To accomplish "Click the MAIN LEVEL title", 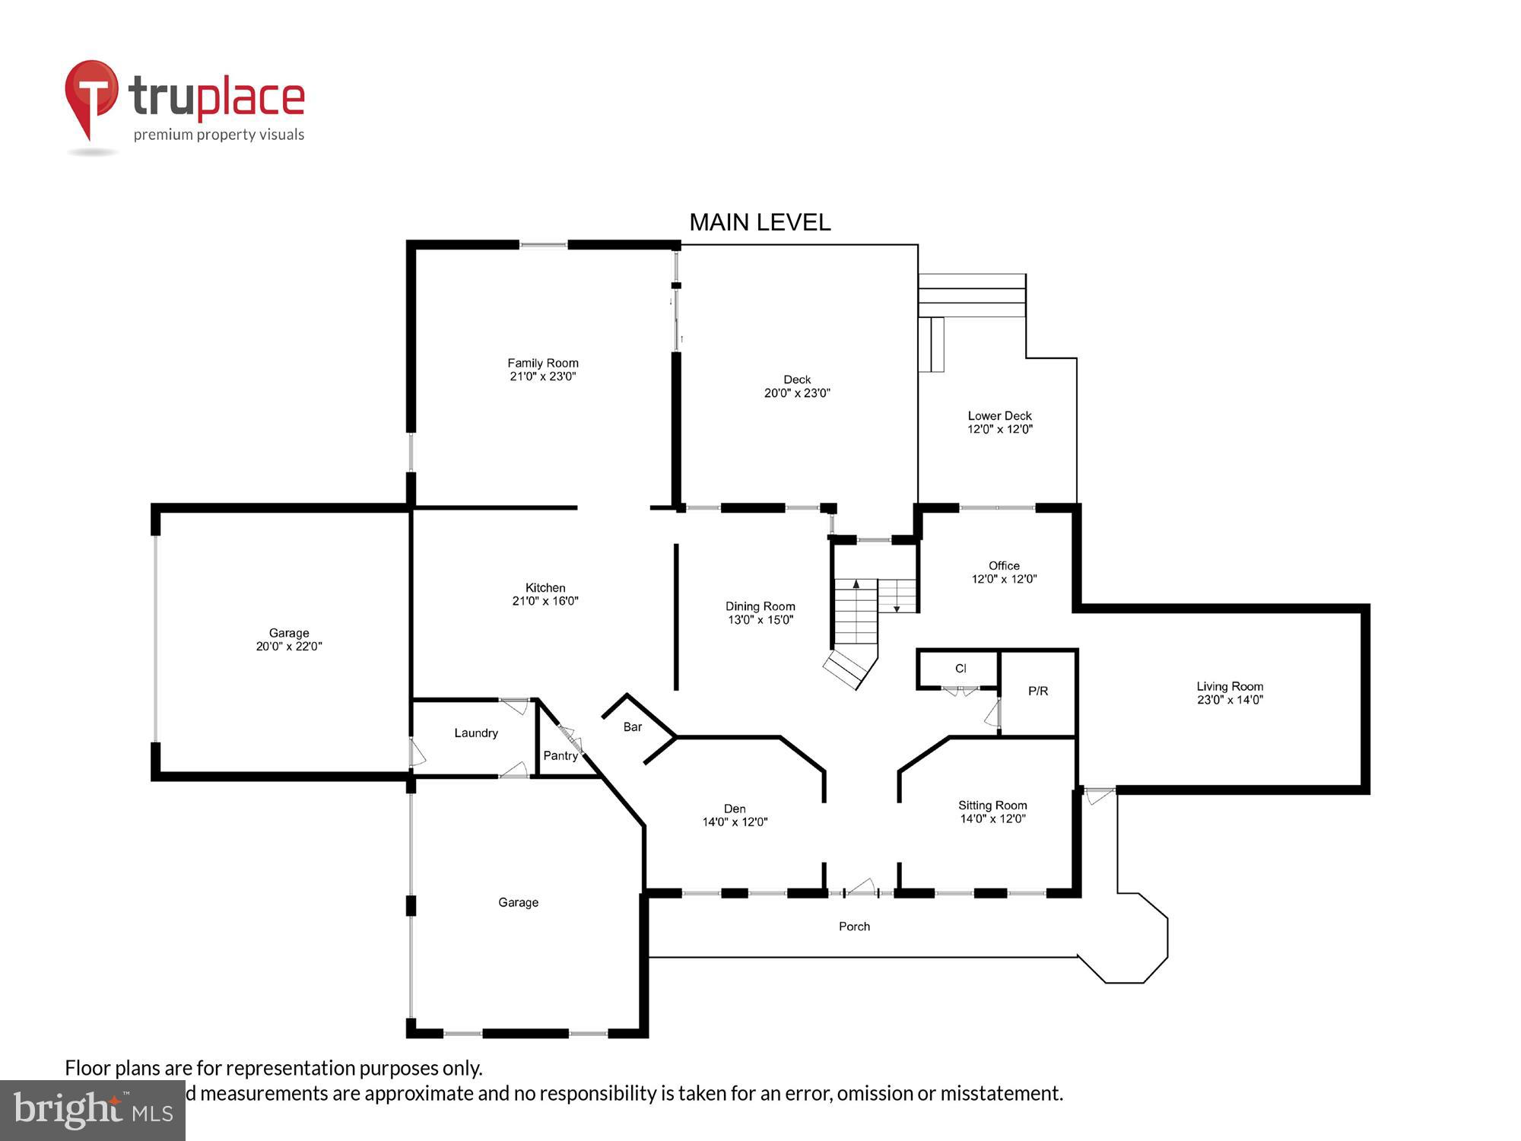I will coord(759,222).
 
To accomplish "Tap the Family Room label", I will coord(543,363).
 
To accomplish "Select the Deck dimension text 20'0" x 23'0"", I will coord(797,393).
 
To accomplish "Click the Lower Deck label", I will coord(999,415).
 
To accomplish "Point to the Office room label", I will coord(1004,565).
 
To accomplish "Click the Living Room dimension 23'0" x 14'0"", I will coord(1230,700).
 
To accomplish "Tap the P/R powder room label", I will coord(1038,691).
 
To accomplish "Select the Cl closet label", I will coord(961,669).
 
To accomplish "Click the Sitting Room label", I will coord(992,805).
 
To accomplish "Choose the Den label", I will coord(735,809).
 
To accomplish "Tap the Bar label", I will coord(633,726).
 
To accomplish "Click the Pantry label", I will coord(560,755).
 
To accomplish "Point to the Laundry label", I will coord(476,733).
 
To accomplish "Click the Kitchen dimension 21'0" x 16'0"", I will coord(545,601).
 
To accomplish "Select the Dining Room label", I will coord(760,606).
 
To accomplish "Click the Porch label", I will coord(854,926).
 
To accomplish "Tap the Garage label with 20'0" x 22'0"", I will coord(289,633).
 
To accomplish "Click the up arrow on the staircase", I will coord(856,584).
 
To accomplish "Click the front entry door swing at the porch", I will coord(862,886).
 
